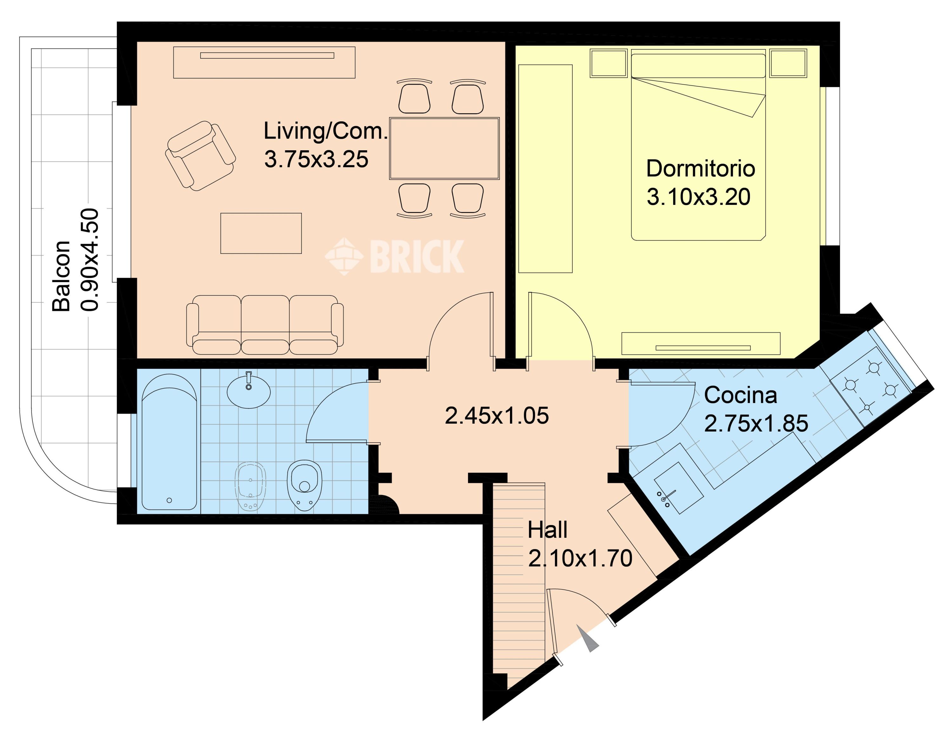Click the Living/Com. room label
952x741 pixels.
tap(326, 132)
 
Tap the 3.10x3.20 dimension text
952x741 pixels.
tap(698, 197)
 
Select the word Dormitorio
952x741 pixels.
tap(700, 169)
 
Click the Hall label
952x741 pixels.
tap(547, 530)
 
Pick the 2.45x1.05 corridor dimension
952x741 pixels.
tap(497, 416)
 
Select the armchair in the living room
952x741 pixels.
tap(201, 155)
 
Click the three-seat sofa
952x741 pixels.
tap(265, 325)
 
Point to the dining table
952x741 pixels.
tap(444, 148)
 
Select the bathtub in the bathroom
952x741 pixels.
tap(169, 441)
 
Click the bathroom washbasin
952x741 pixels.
tap(249, 390)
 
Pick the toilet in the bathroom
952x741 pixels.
tap(304, 485)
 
